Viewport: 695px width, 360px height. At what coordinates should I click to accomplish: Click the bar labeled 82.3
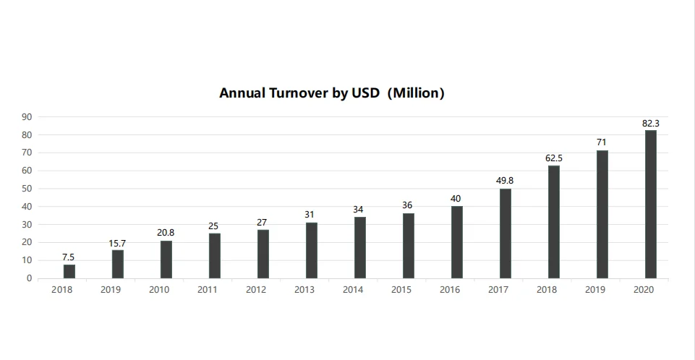[650, 204]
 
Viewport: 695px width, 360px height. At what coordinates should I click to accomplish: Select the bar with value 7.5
[69, 271]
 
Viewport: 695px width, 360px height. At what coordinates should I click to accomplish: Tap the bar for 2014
[360, 247]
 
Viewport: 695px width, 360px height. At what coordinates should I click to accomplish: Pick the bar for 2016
[457, 242]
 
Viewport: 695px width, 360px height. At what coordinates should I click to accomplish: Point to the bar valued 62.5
[554, 222]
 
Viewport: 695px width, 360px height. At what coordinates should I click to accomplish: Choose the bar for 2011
[215, 256]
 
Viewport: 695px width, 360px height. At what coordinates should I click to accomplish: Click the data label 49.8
[505, 180]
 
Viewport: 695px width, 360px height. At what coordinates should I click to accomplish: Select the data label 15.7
[117, 244]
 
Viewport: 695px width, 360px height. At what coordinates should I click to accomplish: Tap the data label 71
[602, 142]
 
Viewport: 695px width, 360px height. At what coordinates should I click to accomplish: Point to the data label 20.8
[166, 233]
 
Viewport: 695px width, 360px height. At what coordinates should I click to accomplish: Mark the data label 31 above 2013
[311, 215]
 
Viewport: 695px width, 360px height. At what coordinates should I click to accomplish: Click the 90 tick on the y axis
[26, 117]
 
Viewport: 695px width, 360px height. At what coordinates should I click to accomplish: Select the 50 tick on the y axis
[26, 189]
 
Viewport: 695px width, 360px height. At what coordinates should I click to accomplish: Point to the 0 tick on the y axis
[29, 278]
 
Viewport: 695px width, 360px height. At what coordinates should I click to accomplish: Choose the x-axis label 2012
[256, 290]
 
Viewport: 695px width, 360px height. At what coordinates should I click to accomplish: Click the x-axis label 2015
[401, 290]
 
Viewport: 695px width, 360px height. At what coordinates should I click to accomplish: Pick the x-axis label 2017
[498, 290]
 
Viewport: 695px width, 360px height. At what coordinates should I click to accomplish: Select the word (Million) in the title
[416, 93]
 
